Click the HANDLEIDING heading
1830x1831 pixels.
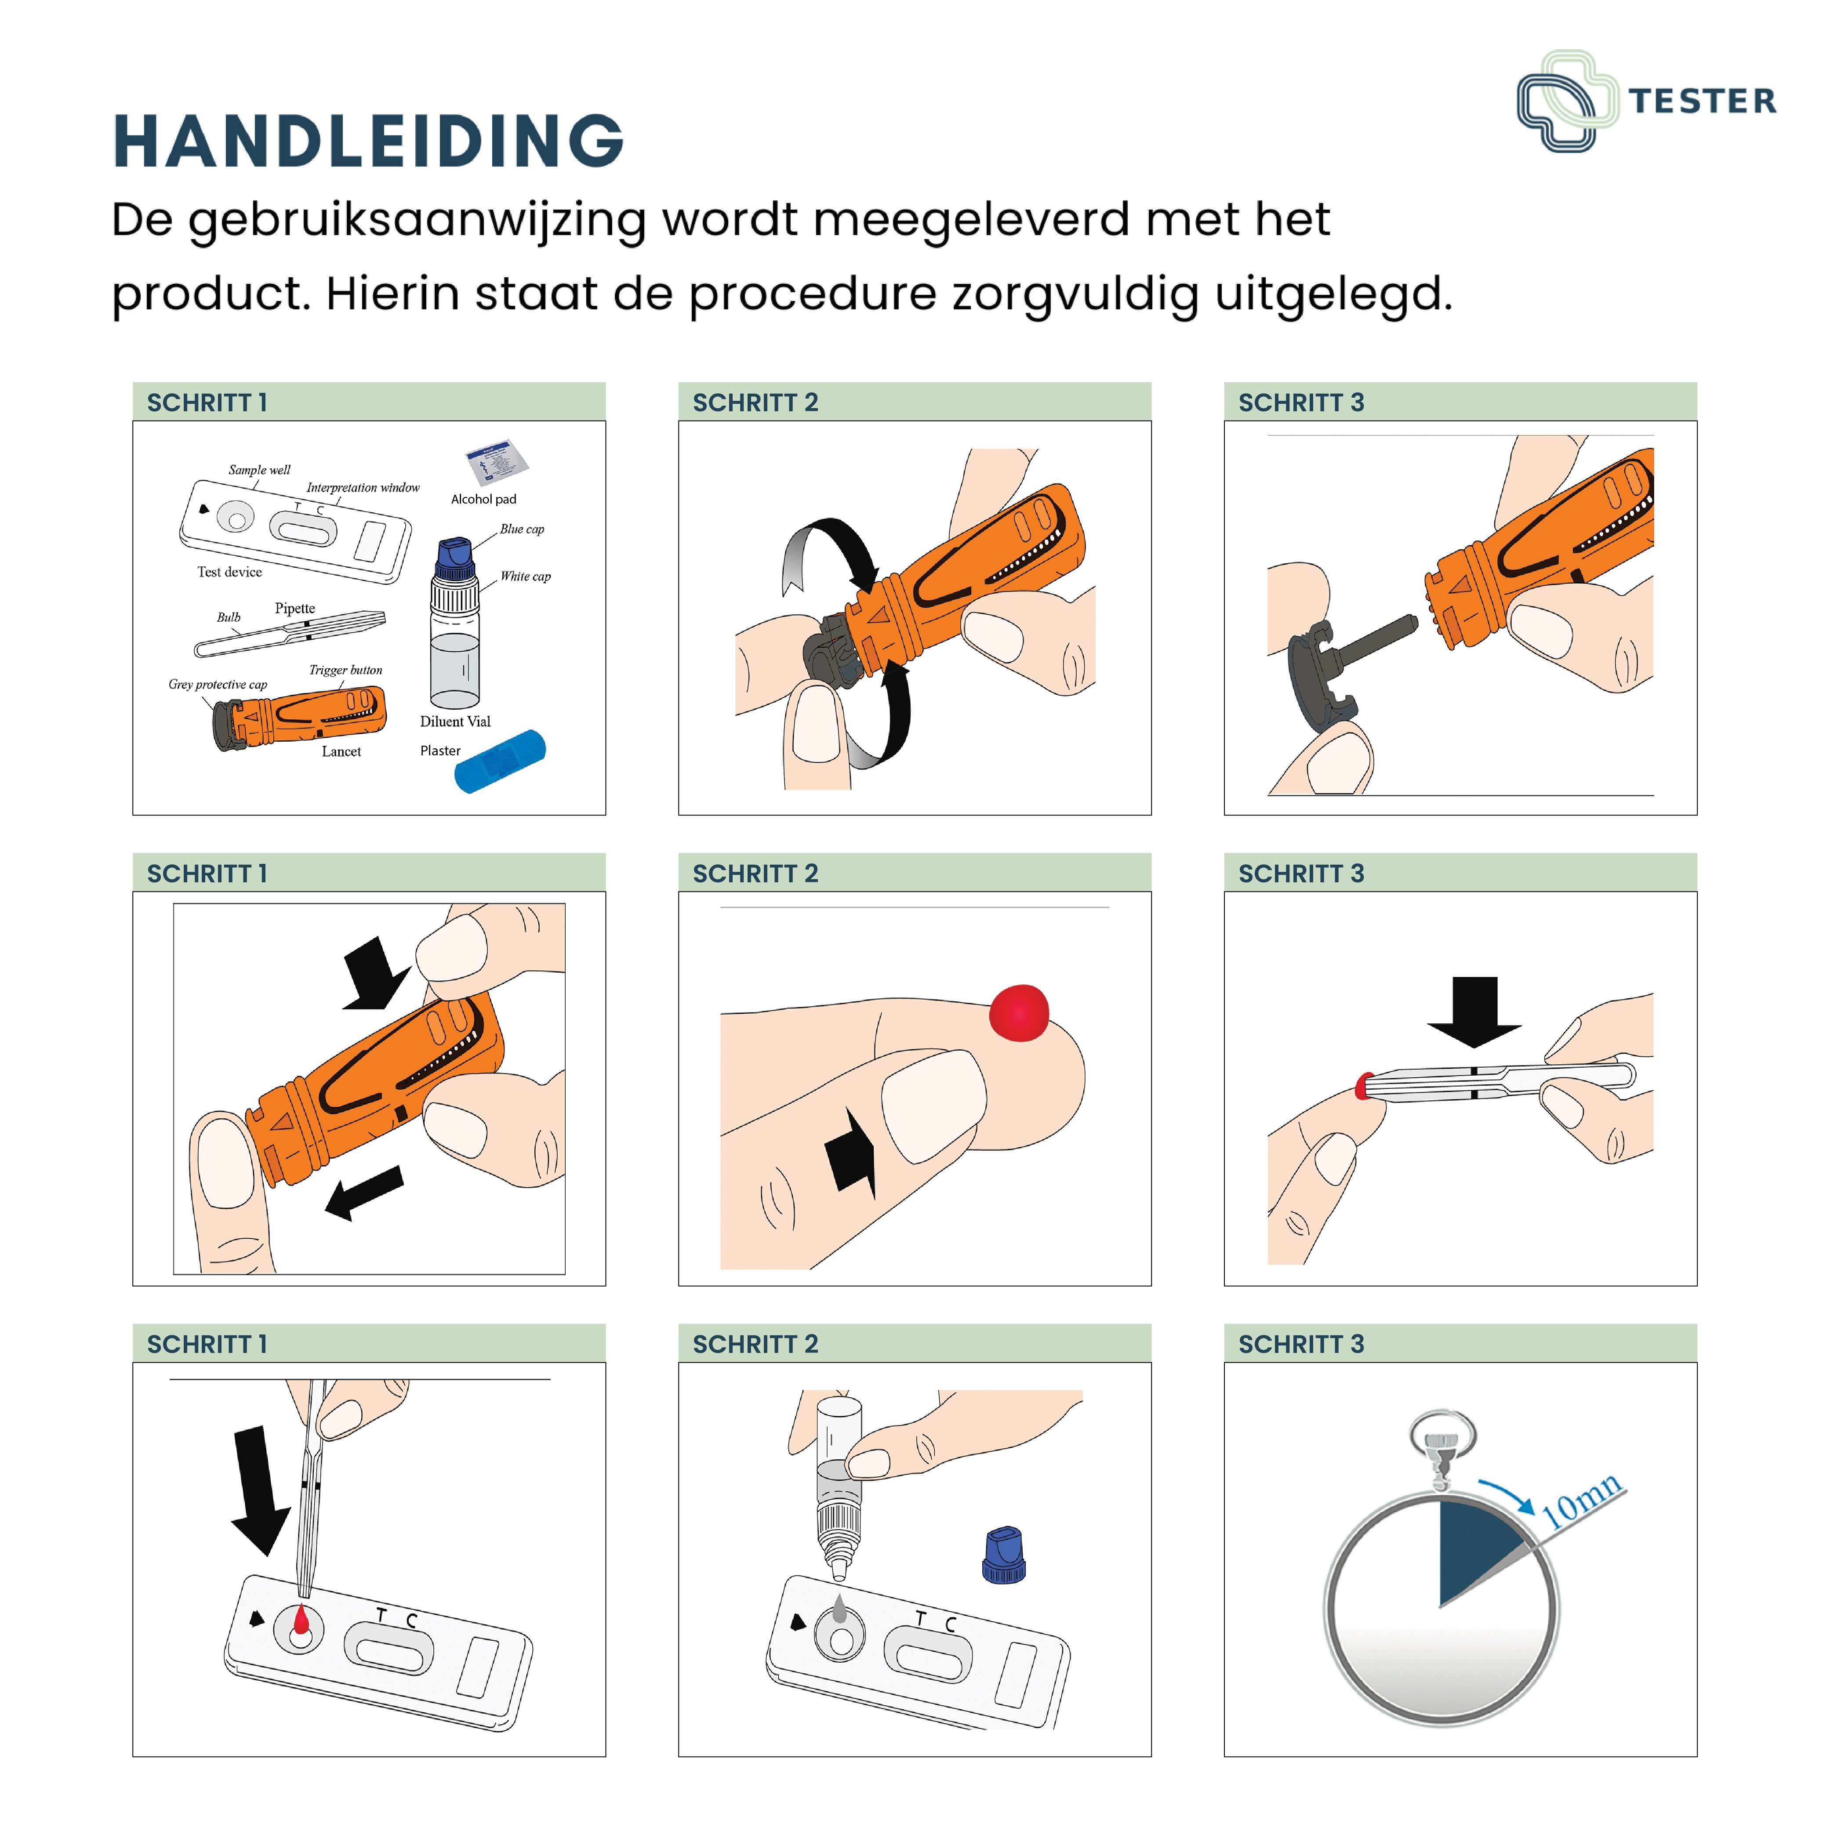[x=368, y=141]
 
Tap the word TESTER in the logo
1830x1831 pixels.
[x=1702, y=101]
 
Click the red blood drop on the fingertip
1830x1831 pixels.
[x=1019, y=1012]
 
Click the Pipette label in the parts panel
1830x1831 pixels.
[x=295, y=609]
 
